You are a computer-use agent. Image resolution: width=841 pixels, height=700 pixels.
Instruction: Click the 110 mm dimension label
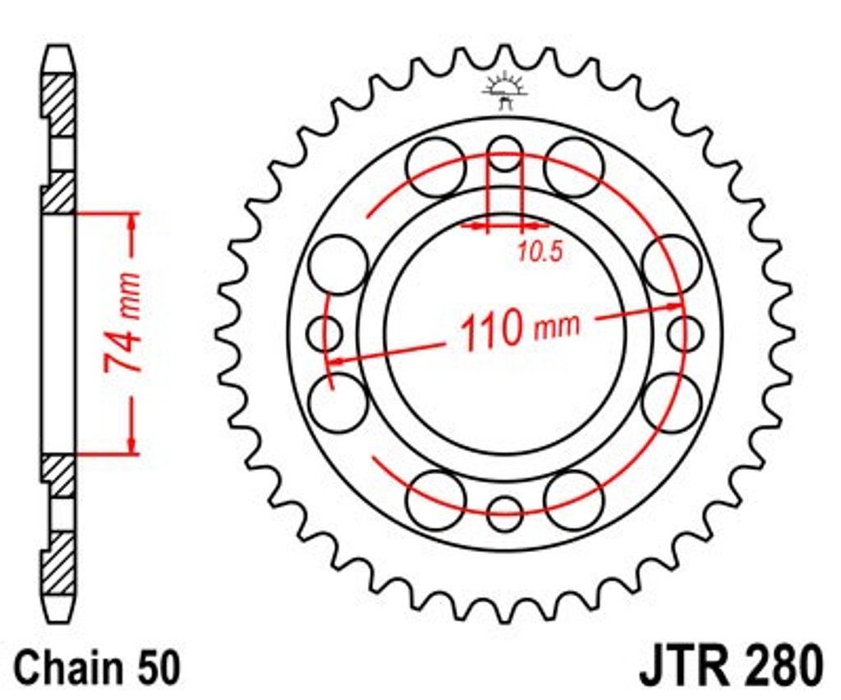(x=520, y=329)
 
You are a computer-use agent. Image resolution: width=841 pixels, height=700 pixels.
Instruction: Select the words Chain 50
(x=97, y=668)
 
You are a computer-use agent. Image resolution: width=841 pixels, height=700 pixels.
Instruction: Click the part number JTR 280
(x=730, y=665)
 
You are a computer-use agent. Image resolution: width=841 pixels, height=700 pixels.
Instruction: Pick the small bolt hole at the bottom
(x=504, y=513)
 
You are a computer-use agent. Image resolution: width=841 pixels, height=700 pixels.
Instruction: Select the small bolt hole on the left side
(x=324, y=334)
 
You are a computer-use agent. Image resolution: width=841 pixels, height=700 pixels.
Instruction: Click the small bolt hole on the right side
(x=685, y=333)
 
